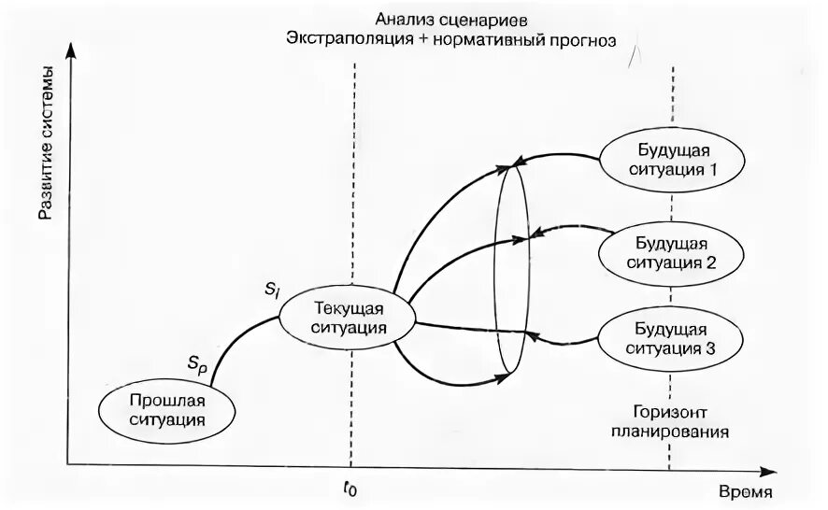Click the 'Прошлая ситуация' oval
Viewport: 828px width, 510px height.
(x=166, y=410)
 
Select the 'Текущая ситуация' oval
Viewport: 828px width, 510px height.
(x=346, y=318)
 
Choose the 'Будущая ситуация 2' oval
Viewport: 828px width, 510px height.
(x=671, y=248)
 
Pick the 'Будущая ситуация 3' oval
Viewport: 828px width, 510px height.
(x=671, y=338)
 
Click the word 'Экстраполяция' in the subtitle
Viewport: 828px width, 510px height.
(x=343, y=41)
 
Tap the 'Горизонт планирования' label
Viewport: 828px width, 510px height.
(x=669, y=422)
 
